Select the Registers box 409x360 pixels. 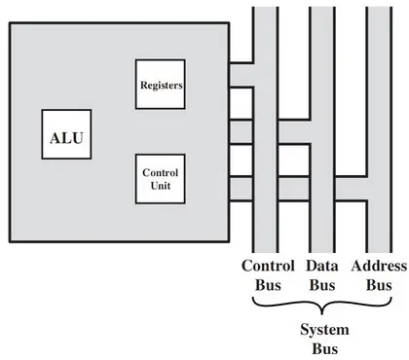161,85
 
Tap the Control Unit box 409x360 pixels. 161,178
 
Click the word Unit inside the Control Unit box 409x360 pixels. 161,185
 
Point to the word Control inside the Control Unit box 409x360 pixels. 161,172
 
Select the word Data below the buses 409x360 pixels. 322,267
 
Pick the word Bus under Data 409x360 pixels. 322,285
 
